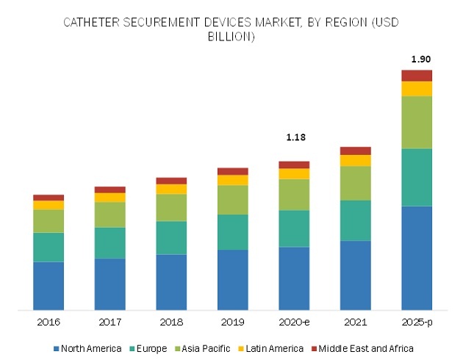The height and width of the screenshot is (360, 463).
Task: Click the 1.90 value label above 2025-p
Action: (x=417, y=59)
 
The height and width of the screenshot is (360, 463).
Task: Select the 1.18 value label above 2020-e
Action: (x=294, y=137)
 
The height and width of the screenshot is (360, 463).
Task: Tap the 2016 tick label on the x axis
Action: (x=48, y=323)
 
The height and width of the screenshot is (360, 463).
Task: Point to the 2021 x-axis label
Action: (x=355, y=323)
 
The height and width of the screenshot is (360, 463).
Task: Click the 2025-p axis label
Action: (x=417, y=323)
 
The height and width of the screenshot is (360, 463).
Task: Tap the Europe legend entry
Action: (x=146, y=348)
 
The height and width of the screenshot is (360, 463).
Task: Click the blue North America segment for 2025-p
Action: (x=417, y=257)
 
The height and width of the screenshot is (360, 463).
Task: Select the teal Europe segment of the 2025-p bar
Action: (x=417, y=177)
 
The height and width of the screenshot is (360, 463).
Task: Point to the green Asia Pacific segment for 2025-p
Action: (x=417, y=122)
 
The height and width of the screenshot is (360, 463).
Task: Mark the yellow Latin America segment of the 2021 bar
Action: (x=355, y=160)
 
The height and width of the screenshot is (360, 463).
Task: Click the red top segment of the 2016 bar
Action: (x=48, y=198)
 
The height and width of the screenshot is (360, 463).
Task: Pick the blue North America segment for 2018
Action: (x=171, y=282)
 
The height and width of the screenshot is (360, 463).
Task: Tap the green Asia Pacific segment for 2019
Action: (x=232, y=200)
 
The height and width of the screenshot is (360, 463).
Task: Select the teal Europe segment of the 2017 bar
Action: (x=110, y=242)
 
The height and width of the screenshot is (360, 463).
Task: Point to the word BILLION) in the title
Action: (x=232, y=37)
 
